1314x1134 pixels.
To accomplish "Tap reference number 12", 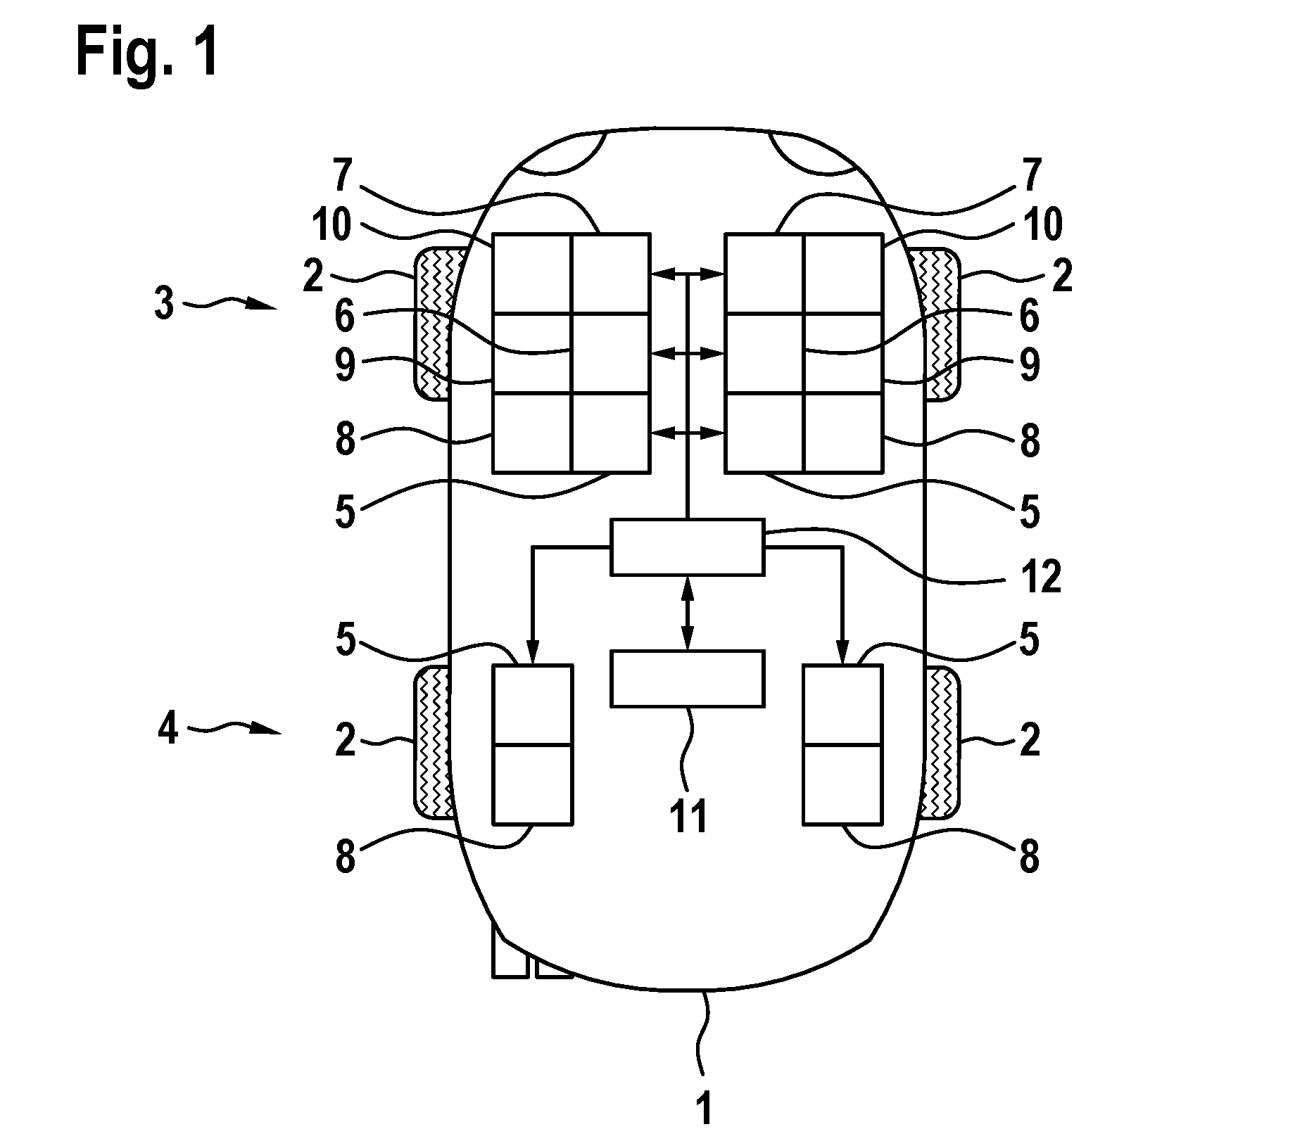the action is click(1041, 578).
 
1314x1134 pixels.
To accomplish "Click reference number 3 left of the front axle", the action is click(165, 305).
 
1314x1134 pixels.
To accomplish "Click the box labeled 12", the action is click(687, 547).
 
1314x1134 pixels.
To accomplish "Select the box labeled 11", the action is click(687, 678).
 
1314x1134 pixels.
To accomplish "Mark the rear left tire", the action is click(435, 743).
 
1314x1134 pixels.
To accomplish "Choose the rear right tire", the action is click(939, 743).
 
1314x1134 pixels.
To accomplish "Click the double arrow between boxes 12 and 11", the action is click(687, 613).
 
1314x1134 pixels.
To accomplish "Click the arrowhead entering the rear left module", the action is click(533, 656).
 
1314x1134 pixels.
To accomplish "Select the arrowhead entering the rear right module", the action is click(842, 656).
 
